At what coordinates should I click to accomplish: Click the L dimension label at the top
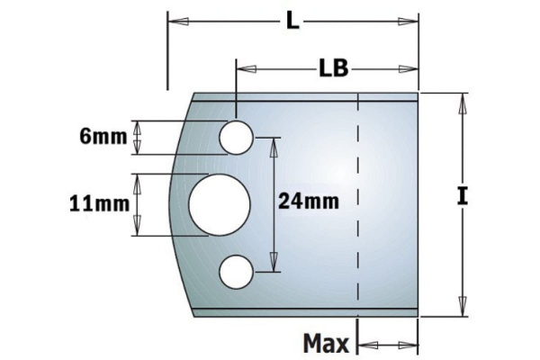[x=292, y=20]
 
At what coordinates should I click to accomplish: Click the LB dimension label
[x=334, y=68]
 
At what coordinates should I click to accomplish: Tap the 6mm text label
[x=100, y=137]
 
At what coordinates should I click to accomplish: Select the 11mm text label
[x=96, y=204]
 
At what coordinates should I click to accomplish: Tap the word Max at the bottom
[x=325, y=343]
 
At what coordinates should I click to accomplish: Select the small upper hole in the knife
[x=237, y=137]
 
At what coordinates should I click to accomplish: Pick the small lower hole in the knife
[x=237, y=269]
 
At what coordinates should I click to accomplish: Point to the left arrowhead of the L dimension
[x=174, y=20]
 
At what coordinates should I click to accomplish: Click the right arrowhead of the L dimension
[x=413, y=20]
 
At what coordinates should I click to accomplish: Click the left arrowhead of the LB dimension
[x=243, y=68]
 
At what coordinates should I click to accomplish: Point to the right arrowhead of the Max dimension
[x=414, y=343]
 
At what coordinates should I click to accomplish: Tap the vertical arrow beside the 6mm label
[x=138, y=138]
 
